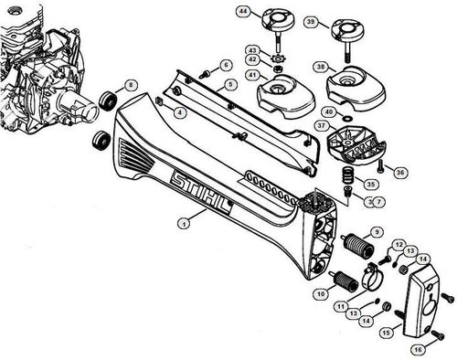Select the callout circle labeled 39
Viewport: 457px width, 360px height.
click(x=311, y=21)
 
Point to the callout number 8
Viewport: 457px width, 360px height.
click(x=131, y=85)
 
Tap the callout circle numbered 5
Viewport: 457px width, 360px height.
click(x=231, y=84)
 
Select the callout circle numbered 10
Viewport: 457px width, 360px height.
click(x=320, y=294)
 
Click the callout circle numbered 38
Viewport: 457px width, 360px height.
click(x=319, y=68)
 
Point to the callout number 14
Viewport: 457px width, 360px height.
click(x=364, y=321)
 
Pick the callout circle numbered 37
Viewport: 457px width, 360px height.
click(x=322, y=124)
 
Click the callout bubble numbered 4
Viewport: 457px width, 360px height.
click(x=179, y=112)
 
